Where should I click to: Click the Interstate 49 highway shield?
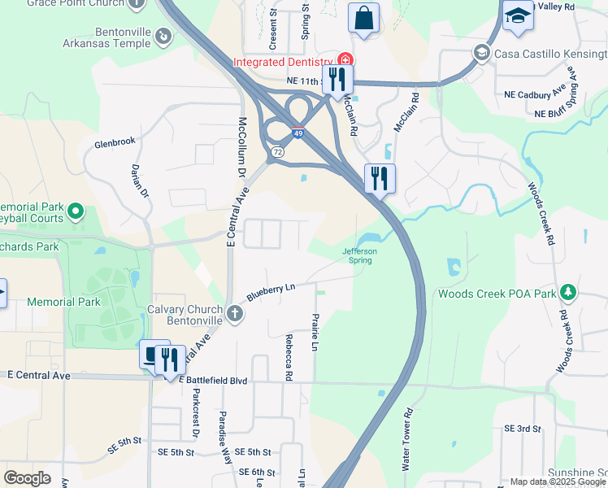[299, 133]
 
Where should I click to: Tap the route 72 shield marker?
[278, 151]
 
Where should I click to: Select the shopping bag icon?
[363, 17]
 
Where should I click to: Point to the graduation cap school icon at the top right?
[517, 15]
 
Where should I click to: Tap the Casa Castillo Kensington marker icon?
[481, 54]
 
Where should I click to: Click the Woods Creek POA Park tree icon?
[568, 293]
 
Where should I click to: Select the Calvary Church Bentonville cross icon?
[235, 314]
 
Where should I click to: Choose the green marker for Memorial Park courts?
[76, 212]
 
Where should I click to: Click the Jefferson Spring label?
[358, 256]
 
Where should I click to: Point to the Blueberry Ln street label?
[272, 290]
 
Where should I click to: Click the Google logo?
[27, 478]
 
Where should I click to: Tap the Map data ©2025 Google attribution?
[557, 481]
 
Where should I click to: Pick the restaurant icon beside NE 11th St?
[337, 80]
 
